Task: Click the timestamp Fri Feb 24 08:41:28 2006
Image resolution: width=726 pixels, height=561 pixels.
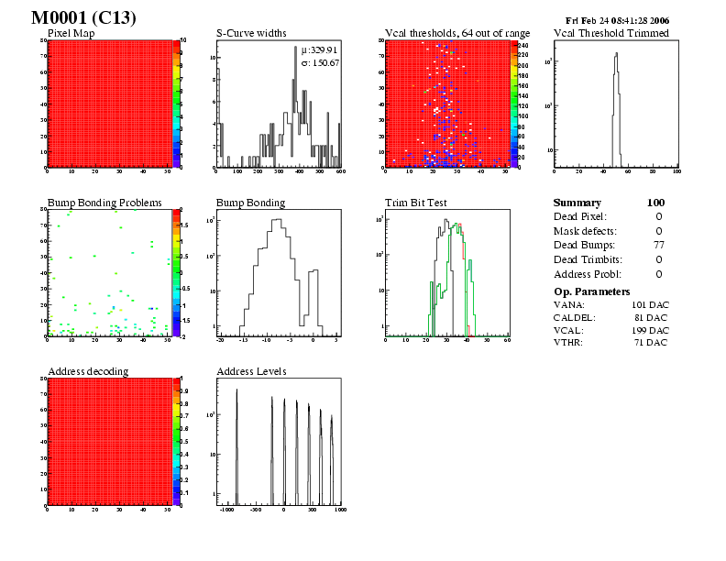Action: [x=618, y=19]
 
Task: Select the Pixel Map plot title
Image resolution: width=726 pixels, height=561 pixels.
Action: [x=77, y=34]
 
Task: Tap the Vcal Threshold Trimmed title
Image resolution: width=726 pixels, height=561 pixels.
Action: [x=611, y=34]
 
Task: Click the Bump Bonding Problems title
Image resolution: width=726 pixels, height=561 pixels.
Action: [x=104, y=203]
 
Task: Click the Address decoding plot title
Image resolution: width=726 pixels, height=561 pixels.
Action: [x=88, y=371]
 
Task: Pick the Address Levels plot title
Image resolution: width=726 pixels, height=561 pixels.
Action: [x=251, y=371]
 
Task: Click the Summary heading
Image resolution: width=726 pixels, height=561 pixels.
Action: [x=577, y=203]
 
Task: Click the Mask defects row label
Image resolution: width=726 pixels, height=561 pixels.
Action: [x=584, y=231]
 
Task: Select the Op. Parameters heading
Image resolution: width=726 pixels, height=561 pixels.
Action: [x=592, y=291]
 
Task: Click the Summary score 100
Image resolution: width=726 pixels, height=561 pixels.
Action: [x=655, y=203]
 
